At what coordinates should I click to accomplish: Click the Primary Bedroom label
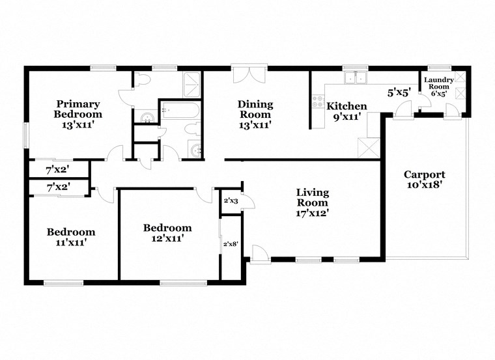tap(78, 113)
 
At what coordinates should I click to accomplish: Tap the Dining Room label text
tap(255, 114)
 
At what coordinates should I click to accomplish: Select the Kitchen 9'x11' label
tap(346, 111)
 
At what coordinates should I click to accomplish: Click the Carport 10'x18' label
tap(424, 180)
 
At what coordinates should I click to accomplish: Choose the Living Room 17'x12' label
tap(313, 202)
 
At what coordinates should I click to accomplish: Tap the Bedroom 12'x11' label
tap(167, 233)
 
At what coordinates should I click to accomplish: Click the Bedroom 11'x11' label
tap(70, 237)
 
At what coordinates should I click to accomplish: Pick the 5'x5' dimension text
tap(399, 93)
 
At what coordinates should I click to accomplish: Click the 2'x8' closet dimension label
tap(231, 244)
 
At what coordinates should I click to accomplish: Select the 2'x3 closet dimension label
tap(231, 201)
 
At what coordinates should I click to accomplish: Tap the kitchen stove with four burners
tap(318, 102)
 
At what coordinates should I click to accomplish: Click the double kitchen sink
tap(356, 78)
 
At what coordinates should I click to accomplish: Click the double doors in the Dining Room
tap(249, 74)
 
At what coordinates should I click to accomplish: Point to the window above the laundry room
tap(440, 67)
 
